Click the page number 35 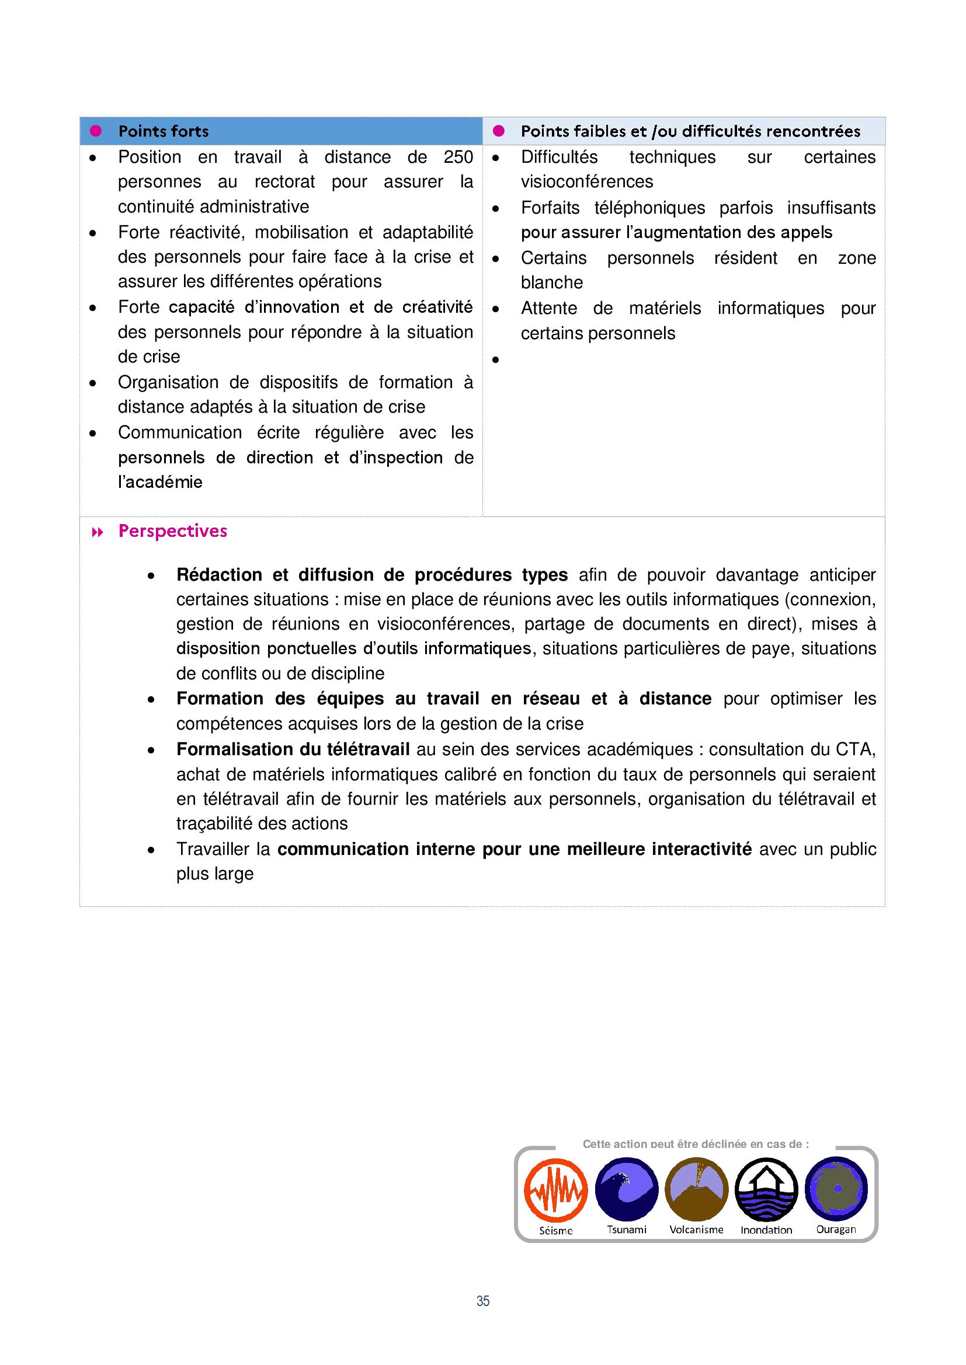click(x=483, y=1301)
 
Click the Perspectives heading click(x=172, y=531)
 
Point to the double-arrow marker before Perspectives click(x=98, y=532)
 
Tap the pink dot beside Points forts click(x=95, y=131)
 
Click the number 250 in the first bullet click(x=458, y=157)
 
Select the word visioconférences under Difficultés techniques click(x=586, y=181)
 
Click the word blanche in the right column click(x=551, y=282)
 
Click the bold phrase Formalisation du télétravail click(x=293, y=749)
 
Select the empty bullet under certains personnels click(x=495, y=359)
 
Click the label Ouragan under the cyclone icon click(x=836, y=1230)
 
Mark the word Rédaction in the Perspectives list click(x=219, y=575)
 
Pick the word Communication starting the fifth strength click(x=180, y=432)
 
